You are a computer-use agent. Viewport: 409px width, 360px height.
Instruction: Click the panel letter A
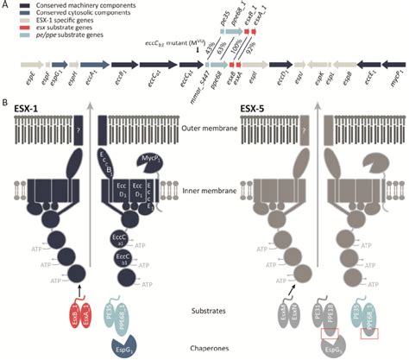tap(7, 6)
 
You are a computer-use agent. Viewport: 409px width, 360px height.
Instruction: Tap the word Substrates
tap(205, 306)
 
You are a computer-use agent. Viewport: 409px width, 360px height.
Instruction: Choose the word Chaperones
tap(205, 348)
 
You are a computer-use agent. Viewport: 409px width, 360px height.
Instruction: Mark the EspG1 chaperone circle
tap(129, 347)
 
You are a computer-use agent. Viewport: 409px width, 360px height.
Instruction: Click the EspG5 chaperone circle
tap(356, 347)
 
